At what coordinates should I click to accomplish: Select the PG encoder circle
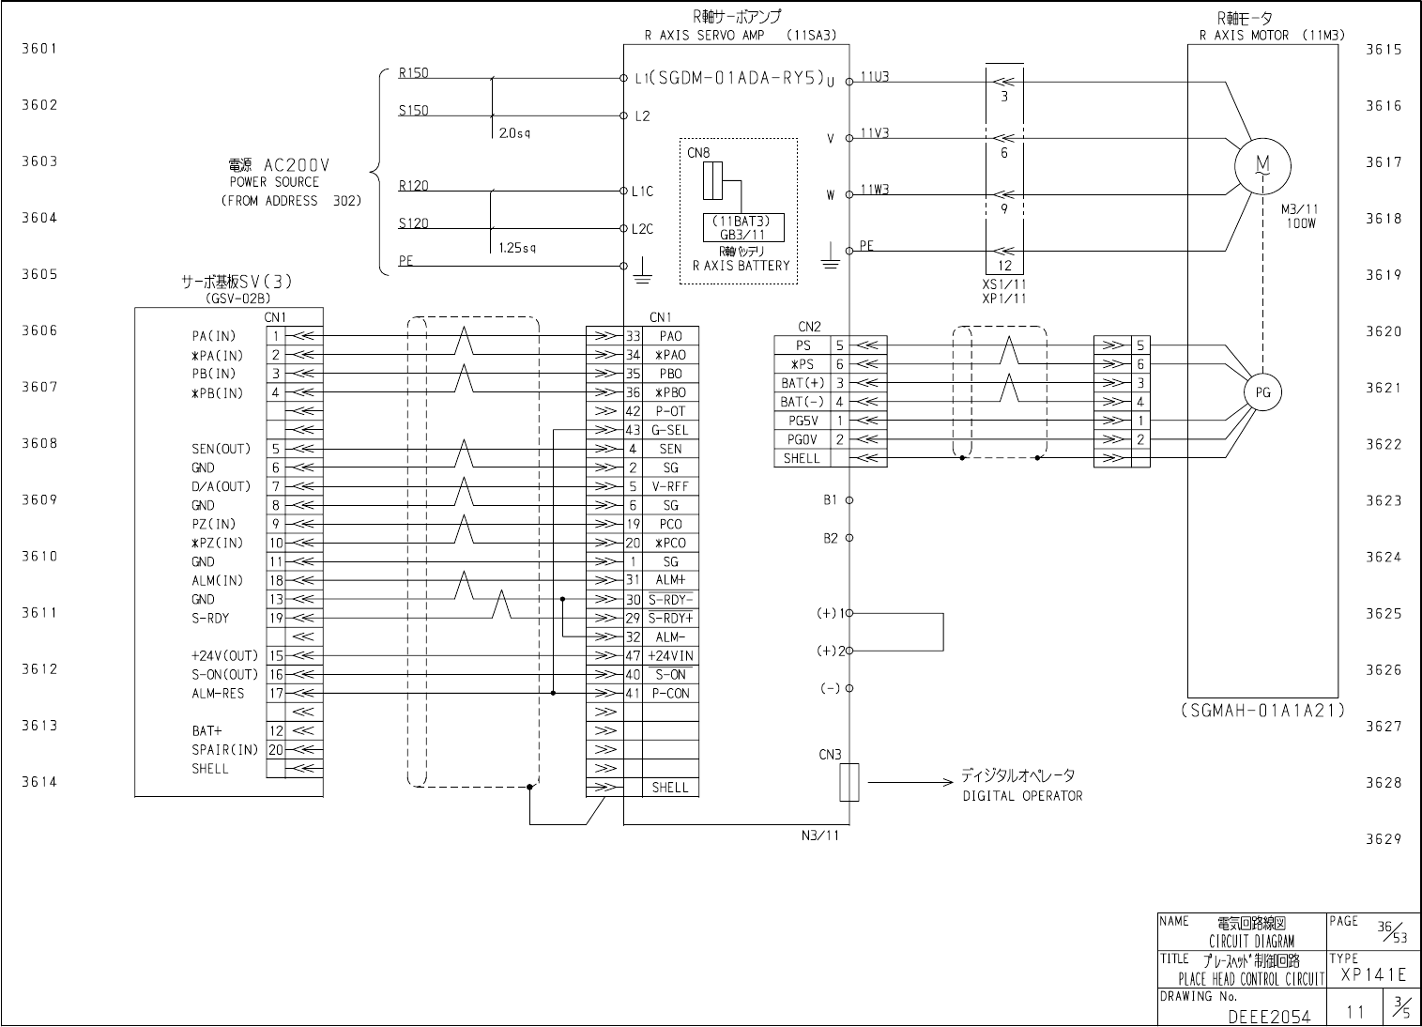[1262, 393]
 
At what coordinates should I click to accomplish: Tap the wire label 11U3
[875, 77]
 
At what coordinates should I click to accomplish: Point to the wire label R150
[413, 72]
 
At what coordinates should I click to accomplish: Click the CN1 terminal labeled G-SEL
[670, 430]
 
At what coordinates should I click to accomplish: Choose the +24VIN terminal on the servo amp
[670, 656]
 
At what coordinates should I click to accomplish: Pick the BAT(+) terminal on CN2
[802, 383]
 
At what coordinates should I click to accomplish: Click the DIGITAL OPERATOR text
[1022, 796]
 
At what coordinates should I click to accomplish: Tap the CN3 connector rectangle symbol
[849, 781]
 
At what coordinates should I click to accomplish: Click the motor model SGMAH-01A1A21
[1261, 711]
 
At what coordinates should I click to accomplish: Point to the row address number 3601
[40, 49]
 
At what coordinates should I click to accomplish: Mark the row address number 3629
[1383, 839]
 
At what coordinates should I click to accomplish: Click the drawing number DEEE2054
[1268, 1016]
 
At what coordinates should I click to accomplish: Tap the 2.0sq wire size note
[515, 134]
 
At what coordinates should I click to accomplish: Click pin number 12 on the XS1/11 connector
[1003, 266]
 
